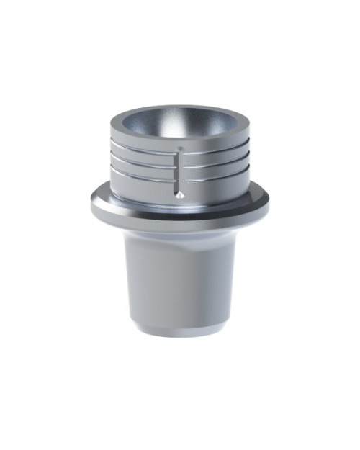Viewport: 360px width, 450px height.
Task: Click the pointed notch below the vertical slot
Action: point(180,194)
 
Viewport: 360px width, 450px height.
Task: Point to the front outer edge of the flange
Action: point(180,225)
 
